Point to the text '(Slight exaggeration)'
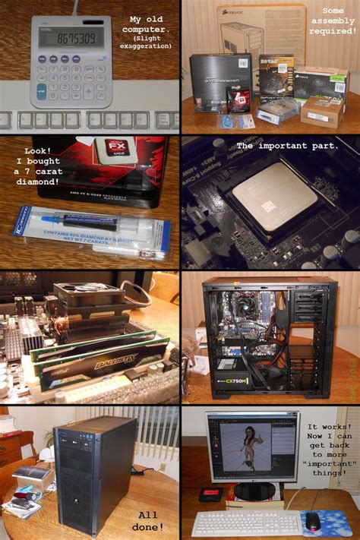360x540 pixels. pos(150,43)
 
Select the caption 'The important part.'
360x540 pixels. pos(287,146)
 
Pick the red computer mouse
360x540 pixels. pos(312,520)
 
